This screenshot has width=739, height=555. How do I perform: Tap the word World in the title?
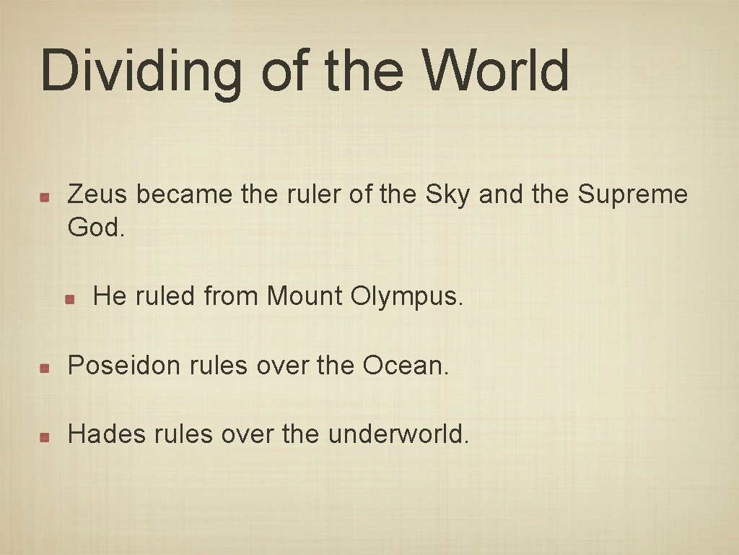[x=497, y=71]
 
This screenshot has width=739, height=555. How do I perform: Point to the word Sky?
[x=448, y=194]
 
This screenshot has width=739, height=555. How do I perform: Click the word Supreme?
[x=633, y=194]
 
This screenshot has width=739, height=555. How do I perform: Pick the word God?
[x=96, y=228]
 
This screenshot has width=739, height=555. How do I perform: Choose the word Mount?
[x=305, y=296]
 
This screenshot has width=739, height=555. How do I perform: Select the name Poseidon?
[x=123, y=366]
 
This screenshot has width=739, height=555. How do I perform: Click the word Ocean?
[x=406, y=366]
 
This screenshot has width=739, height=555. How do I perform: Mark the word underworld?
[x=398, y=434]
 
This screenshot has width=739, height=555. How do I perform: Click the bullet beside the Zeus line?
[x=45, y=197]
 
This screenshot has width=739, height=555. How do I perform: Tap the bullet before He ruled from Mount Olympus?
[x=70, y=298]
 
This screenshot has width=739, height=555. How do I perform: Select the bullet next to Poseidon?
[x=45, y=368]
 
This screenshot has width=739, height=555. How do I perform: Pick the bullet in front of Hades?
[x=45, y=436]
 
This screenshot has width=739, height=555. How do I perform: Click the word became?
[x=184, y=194]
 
